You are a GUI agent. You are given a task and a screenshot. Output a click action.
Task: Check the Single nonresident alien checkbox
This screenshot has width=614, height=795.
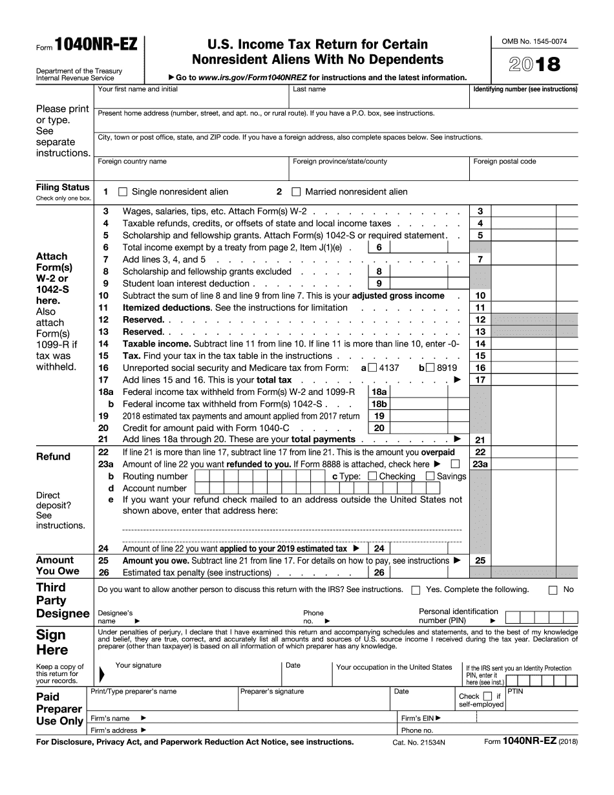pos(123,192)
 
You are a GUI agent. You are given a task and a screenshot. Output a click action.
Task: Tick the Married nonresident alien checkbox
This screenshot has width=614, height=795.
pos(297,192)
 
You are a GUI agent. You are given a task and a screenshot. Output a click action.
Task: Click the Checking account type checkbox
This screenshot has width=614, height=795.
pos(372,476)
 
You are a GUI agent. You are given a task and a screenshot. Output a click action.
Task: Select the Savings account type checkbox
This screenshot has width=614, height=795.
pos(430,476)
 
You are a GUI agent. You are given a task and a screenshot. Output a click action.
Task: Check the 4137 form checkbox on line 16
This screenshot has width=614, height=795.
pos(372,368)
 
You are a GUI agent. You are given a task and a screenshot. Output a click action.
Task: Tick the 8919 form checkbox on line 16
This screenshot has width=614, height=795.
pos(430,368)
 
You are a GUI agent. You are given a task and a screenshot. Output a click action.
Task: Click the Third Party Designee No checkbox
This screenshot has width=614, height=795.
pos(553,590)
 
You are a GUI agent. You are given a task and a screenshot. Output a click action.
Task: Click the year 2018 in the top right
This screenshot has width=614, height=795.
pos(535,65)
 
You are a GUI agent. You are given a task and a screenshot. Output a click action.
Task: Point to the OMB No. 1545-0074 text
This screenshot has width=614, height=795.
pos(535,41)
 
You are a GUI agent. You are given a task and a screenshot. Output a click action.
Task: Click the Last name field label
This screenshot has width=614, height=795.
pos(309,89)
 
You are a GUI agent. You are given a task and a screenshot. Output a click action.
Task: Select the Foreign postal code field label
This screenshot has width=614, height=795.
pos(504,162)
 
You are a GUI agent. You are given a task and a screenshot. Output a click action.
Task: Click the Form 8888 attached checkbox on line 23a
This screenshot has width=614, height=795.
pos(455,464)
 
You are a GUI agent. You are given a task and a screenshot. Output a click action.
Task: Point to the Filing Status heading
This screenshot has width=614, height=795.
pos(63,187)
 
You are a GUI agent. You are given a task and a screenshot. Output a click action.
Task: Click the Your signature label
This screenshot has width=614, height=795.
pos(138,665)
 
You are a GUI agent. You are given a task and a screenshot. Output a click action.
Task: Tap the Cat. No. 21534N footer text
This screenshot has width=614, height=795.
pos(419,743)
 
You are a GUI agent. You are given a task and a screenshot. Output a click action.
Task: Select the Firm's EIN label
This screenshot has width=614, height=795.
pos(421,718)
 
